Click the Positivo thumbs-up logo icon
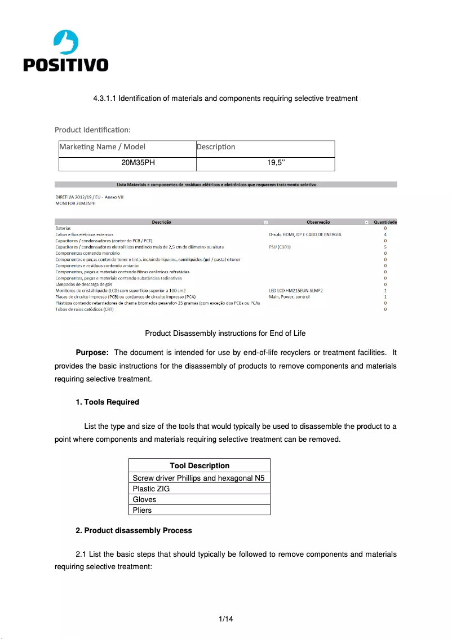pos(65,43)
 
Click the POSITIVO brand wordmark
pos(65,65)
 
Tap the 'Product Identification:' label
pos(92,130)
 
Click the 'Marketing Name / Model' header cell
pos(103,147)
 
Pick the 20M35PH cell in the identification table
pos(138,163)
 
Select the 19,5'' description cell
pos(276,163)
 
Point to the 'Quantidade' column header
pos(385,222)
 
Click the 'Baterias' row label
pos(63,228)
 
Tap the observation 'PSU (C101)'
pos(280,247)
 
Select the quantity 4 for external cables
pos(385,234)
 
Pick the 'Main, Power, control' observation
pos(289,296)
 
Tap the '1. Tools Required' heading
pos(107,402)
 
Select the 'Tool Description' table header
pos(200,466)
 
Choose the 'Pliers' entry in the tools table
pos(142,511)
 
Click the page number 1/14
pos(226,619)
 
